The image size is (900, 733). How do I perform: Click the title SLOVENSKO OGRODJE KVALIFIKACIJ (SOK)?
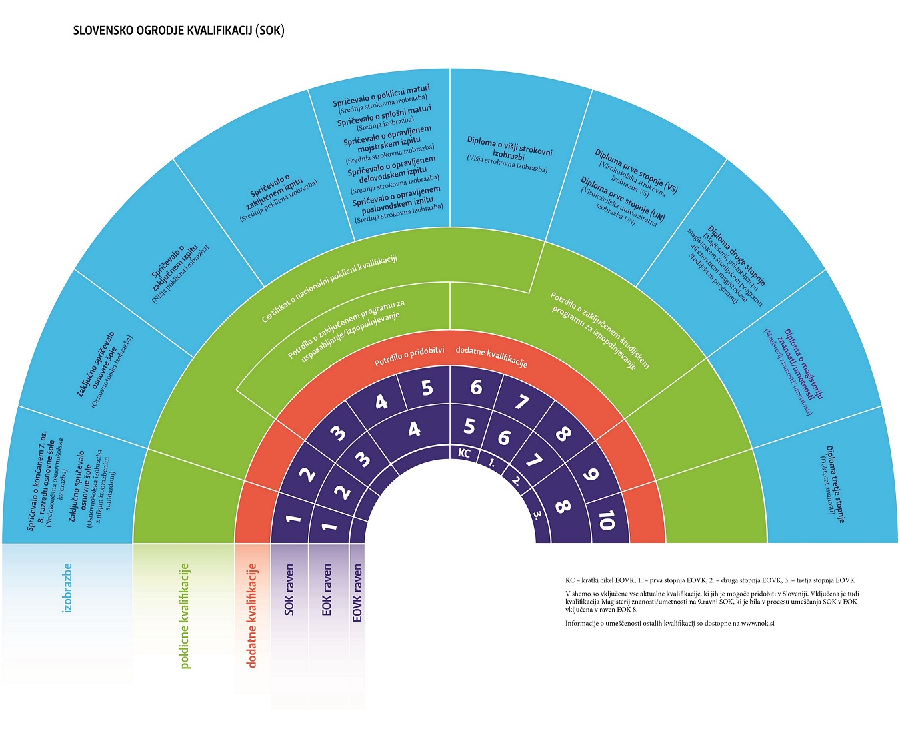click(x=179, y=31)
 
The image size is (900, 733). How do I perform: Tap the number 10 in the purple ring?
click(x=605, y=519)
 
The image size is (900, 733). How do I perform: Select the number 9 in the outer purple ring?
click(x=590, y=475)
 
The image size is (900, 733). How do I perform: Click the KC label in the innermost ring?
click(x=465, y=453)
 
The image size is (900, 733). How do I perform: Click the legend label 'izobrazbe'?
click(x=67, y=588)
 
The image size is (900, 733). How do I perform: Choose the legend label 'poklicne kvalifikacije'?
click(x=185, y=615)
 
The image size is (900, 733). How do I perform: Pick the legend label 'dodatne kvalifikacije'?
click(x=251, y=615)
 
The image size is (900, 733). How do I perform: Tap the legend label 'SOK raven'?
click(x=289, y=590)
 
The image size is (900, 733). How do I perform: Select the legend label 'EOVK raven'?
click(x=357, y=593)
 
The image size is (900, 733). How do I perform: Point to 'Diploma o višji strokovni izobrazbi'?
click(x=509, y=148)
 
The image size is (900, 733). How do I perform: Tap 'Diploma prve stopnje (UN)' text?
click(x=623, y=198)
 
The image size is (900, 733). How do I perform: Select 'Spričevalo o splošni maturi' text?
click(x=384, y=115)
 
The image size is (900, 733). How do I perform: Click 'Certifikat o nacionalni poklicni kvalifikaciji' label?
click(x=329, y=289)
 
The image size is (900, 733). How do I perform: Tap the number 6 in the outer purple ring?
click(x=476, y=387)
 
